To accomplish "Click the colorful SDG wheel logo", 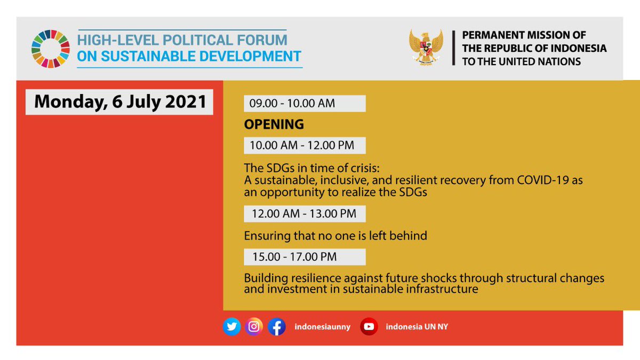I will click(50, 49).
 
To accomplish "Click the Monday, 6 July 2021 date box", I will click(119, 102).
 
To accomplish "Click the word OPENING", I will click(274, 124).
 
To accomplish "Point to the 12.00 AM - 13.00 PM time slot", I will click(305, 214).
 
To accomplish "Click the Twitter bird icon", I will click(231, 326).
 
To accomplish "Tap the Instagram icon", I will click(254, 326).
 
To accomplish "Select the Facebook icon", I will click(276, 326).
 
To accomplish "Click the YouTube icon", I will click(369, 326).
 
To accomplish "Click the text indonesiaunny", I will click(322, 327).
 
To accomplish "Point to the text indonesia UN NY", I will click(417, 327).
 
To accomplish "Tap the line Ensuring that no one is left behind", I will click(335, 235).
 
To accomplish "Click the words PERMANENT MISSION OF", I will click(524, 35).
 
